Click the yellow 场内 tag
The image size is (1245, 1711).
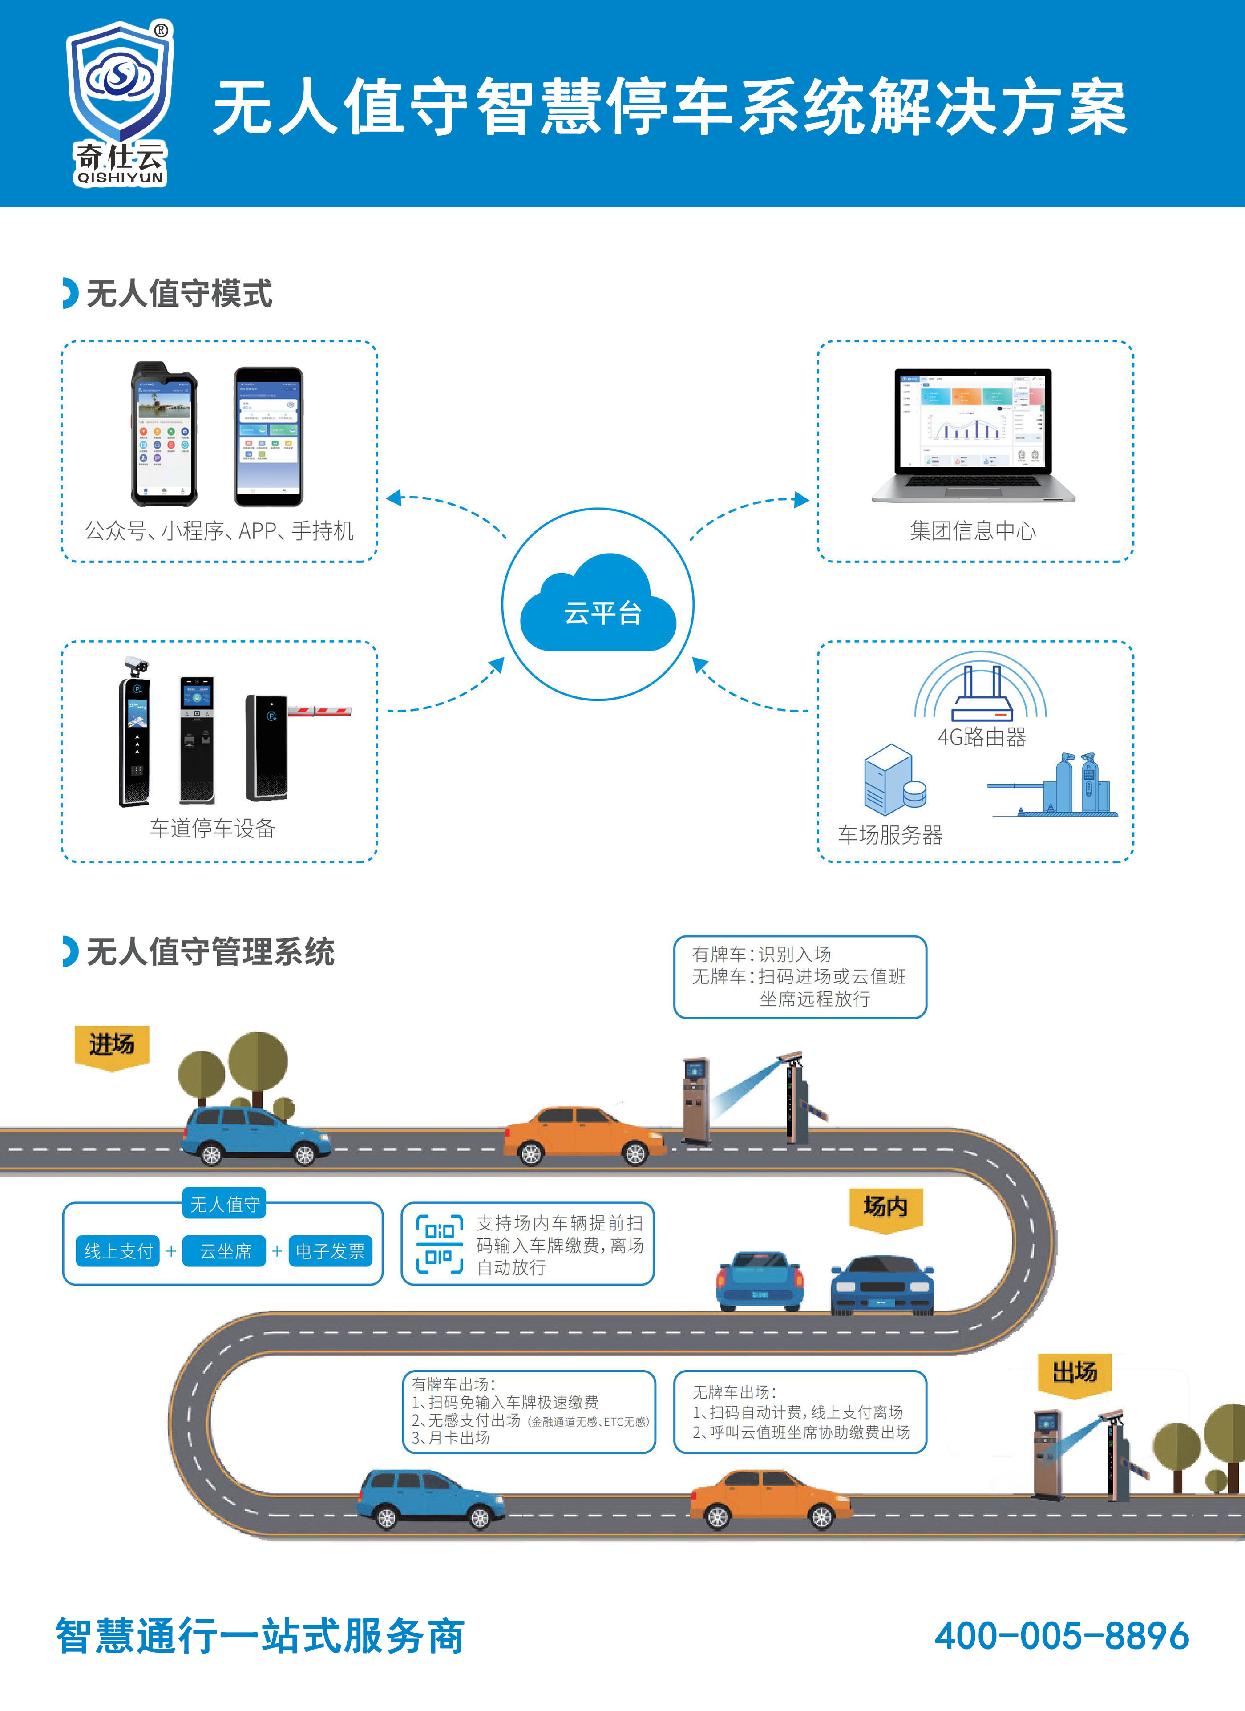(x=885, y=1207)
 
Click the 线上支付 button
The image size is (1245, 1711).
(x=118, y=1251)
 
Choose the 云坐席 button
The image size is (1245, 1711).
(x=225, y=1251)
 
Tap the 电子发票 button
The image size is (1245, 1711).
(x=331, y=1251)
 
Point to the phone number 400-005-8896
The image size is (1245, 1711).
(x=1062, y=1635)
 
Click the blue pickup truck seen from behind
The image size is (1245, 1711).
(x=760, y=1281)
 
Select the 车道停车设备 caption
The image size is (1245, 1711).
(x=212, y=828)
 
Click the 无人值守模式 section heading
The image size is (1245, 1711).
(x=179, y=293)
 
